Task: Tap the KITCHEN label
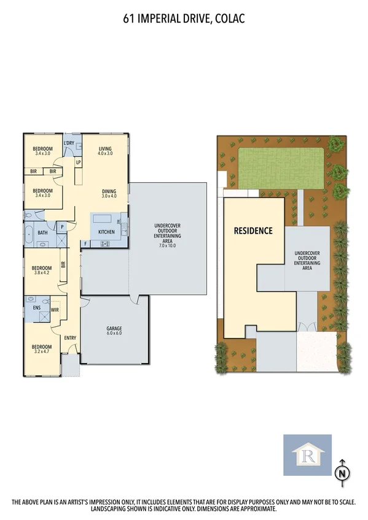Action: (x=106, y=232)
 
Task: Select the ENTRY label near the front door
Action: (x=70, y=337)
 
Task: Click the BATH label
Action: (x=42, y=232)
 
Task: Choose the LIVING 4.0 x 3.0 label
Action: (x=105, y=151)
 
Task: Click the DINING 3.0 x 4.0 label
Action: (x=109, y=193)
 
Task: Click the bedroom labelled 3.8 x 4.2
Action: (x=42, y=270)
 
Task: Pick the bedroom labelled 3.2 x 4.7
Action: (x=42, y=350)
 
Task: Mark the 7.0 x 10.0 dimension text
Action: (x=167, y=245)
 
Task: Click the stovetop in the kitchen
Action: (x=104, y=243)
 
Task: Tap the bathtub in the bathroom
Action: (x=29, y=232)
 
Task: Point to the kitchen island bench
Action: (x=103, y=219)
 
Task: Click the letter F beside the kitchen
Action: (x=85, y=243)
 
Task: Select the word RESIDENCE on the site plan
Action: (x=253, y=231)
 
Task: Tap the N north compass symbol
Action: (x=342, y=473)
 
